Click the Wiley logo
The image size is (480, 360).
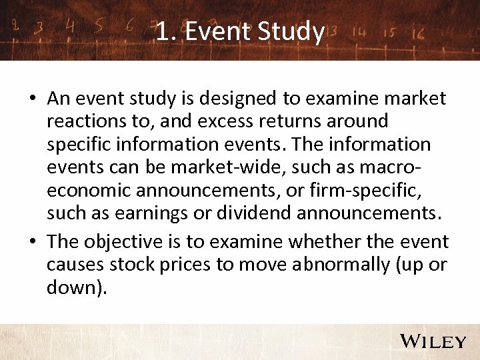point(433,341)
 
